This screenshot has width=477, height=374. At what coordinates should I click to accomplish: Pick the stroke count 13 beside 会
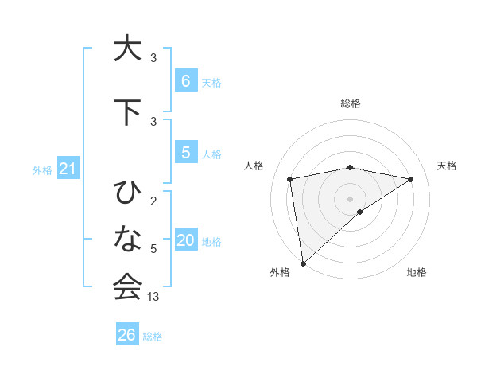click(x=153, y=297)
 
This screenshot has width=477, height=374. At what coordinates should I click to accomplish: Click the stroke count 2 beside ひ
click(x=153, y=201)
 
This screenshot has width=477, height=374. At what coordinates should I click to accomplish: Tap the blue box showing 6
click(x=185, y=80)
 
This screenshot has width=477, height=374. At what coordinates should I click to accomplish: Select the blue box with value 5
click(x=185, y=152)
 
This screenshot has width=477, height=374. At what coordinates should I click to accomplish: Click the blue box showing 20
click(x=185, y=240)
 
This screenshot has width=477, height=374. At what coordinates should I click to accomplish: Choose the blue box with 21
click(x=68, y=169)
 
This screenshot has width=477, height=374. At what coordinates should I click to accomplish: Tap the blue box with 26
click(x=127, y=335)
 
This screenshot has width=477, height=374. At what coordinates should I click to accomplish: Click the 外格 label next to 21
click(x=42, y=170)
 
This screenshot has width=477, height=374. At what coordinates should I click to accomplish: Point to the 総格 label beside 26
click(x=153, y=337)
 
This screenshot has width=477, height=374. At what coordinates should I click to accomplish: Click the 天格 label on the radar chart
click(x=448, y=166)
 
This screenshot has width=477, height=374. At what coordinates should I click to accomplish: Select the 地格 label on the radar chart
click(x=417, y=272)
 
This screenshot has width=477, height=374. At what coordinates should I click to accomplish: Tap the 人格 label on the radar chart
click(x=254, y=166)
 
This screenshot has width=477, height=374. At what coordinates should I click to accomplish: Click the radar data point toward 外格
click(x=302, y=263)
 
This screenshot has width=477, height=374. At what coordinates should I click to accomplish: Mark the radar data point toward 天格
click(x=411, y=179)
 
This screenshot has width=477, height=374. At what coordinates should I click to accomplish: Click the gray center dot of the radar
click(x=351, y=198)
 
